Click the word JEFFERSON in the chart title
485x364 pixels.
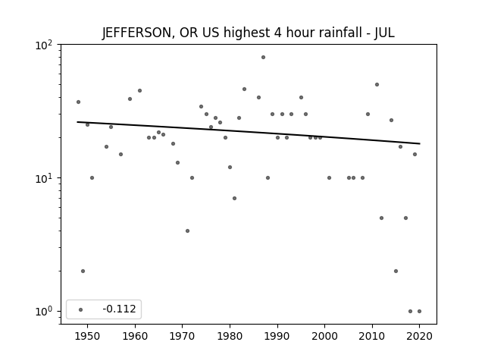coord(136,33)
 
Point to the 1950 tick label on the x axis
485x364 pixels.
coord(87,336)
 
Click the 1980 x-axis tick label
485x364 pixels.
coord(230,336)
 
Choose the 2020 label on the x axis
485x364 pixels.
coord(419,336)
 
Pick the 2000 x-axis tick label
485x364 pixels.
coord(324,336)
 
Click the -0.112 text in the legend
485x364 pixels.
coord(119,309)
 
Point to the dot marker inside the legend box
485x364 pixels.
coord(81,309)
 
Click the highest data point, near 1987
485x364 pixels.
coord(263,58)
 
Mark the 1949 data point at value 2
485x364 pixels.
coord(83,271)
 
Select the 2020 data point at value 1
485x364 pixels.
coord(419,312)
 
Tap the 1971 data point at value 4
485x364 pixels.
coord(187,231)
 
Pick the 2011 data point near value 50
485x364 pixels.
coord(377,84)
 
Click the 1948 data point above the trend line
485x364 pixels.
coord(78,102)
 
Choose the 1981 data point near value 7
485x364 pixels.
coord(234,199)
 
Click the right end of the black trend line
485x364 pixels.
coord(420,143)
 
